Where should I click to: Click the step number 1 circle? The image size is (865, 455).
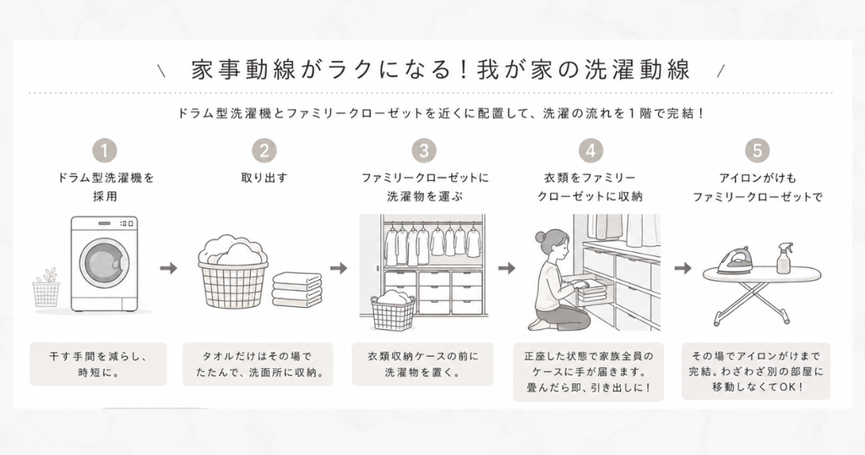coord(104,151)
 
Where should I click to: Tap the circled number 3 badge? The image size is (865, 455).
coord(424,151)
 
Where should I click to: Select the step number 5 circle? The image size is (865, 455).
coord(757,151)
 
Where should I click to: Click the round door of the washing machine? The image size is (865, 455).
coord(105,261)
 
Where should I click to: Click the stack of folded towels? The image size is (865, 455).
coord(296,289)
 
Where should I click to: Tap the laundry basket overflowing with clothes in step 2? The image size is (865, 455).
coord(233,271)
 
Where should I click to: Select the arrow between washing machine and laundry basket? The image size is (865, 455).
coord(169,268)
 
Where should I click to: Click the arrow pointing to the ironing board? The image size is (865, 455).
coord(683,268)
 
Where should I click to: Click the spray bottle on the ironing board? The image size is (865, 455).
coord(784,258)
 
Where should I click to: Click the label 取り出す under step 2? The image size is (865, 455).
coord(264,178)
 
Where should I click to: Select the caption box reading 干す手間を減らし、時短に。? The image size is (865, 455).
coord(98,364)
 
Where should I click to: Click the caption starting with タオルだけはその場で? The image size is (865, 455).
coord(258,364)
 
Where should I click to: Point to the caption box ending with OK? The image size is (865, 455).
coord(756,371)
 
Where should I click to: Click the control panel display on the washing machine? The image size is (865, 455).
coord(126,223)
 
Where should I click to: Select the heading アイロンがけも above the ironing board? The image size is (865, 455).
coord(758,178)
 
